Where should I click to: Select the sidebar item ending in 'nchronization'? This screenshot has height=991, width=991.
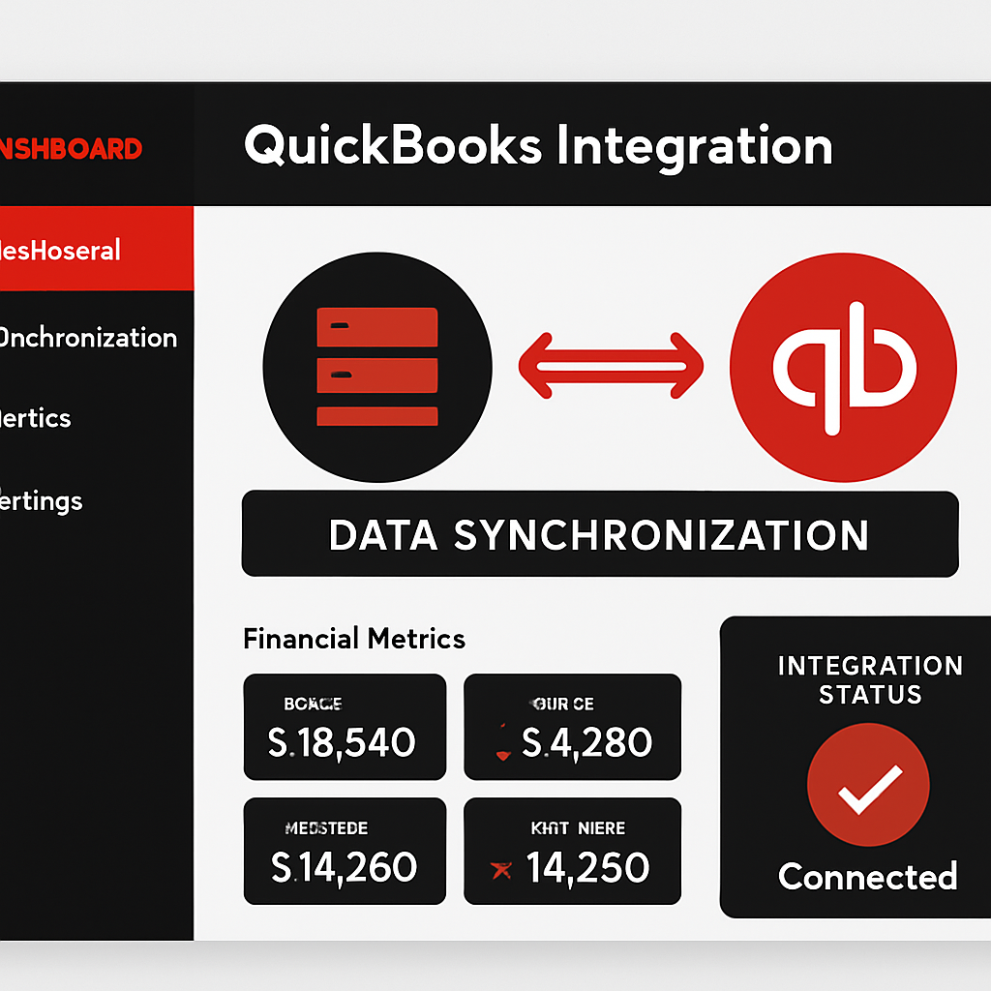click(x=87, y=338)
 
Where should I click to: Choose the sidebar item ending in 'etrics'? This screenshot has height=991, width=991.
click(x=37, y=418)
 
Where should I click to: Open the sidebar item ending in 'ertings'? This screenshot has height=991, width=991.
click(x=42, y=501)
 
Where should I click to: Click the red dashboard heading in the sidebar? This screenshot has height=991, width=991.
click(x=71, y=148)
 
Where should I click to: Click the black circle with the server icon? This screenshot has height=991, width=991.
click(x=377, y=368)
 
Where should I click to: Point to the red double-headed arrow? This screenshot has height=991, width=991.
click(x=611, y=366)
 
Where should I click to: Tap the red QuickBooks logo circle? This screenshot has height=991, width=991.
click(x=843, y=368)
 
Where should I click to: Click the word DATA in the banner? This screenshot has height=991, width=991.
click(x=382, y=535)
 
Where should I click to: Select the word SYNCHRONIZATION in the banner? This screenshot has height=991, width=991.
click(x=661, y=535)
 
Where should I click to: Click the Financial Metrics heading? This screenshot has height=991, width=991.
click(x=354, y=639)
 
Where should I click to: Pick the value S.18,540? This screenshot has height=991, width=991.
click(x=342, y=742)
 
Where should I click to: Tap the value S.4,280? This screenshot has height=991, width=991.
click(x=586, y=742)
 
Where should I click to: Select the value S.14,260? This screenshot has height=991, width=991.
click(x=344, y=866)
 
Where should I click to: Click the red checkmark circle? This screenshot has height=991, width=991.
click(x=868, y=786)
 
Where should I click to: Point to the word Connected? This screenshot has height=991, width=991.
click(x=868, y=877)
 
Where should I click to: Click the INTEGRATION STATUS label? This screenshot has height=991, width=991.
click(x=869, y=680)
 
